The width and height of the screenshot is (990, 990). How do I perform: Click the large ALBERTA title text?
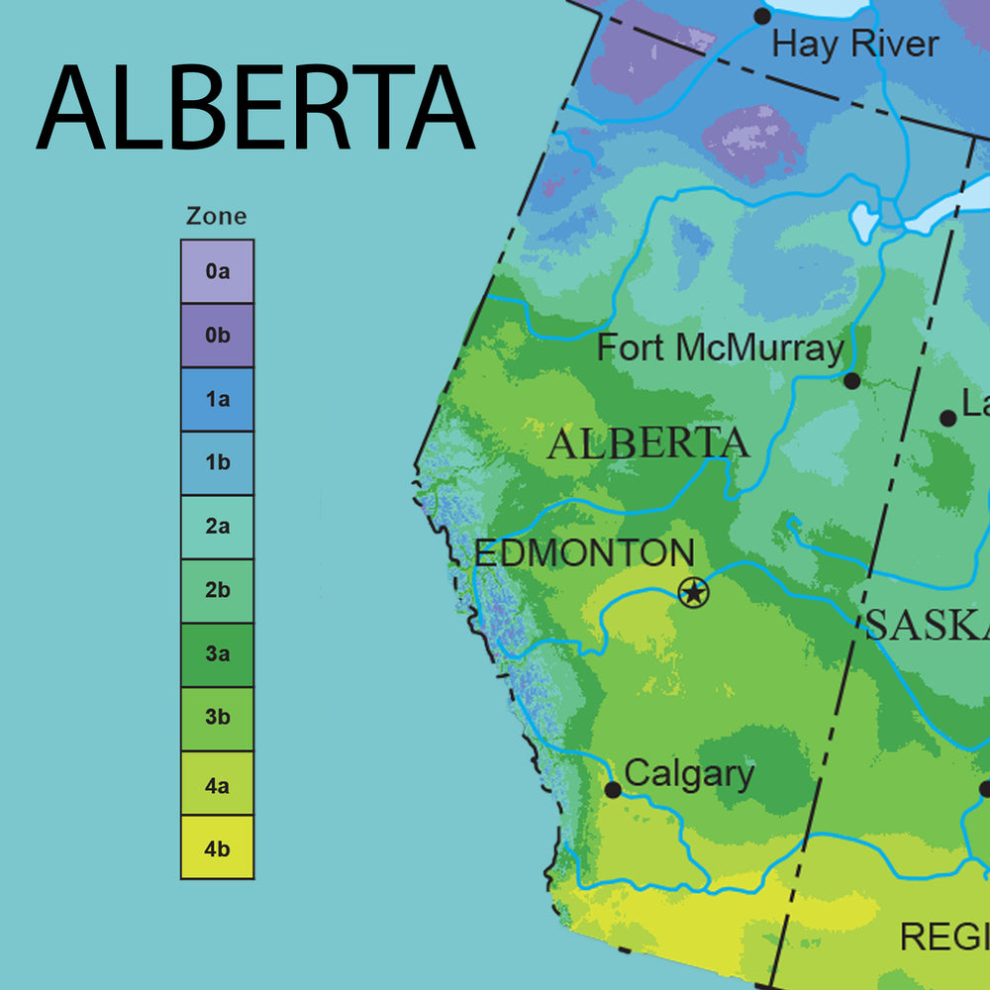[x=255, y=108]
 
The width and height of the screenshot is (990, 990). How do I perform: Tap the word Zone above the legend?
[x=217, y=217]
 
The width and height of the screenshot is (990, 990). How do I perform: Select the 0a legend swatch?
[x=217, y=271]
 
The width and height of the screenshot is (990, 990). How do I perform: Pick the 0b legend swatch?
[x=217, y=336]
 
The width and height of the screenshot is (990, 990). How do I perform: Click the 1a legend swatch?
[x=217, y=400]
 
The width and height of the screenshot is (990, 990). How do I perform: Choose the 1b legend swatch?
[x=217, y=463]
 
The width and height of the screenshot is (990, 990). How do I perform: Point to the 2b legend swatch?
[x=217, y=591]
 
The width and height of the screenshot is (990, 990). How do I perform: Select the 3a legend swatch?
[x=217, y=654]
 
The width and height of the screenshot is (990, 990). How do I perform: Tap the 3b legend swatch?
[x=217, y=719]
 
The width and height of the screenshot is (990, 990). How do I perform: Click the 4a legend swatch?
[x=217, y=783]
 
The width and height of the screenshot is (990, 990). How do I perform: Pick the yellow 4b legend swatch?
[x=217, y=847]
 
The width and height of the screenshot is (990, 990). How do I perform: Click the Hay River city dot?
[x=762, y=16]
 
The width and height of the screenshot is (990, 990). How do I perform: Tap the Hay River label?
[x=854, y=45]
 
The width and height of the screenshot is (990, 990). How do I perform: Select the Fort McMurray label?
[x=721, y=348]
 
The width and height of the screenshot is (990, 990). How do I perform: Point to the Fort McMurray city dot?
[x=851, y=380]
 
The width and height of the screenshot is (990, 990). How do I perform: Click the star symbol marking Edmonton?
[x=694, y=593]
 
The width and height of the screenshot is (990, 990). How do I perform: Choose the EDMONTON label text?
[x=584, y=553]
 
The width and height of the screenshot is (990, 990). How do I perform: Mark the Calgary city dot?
[x=613, y=789]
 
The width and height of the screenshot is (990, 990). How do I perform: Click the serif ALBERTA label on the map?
[x=648, y=445]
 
